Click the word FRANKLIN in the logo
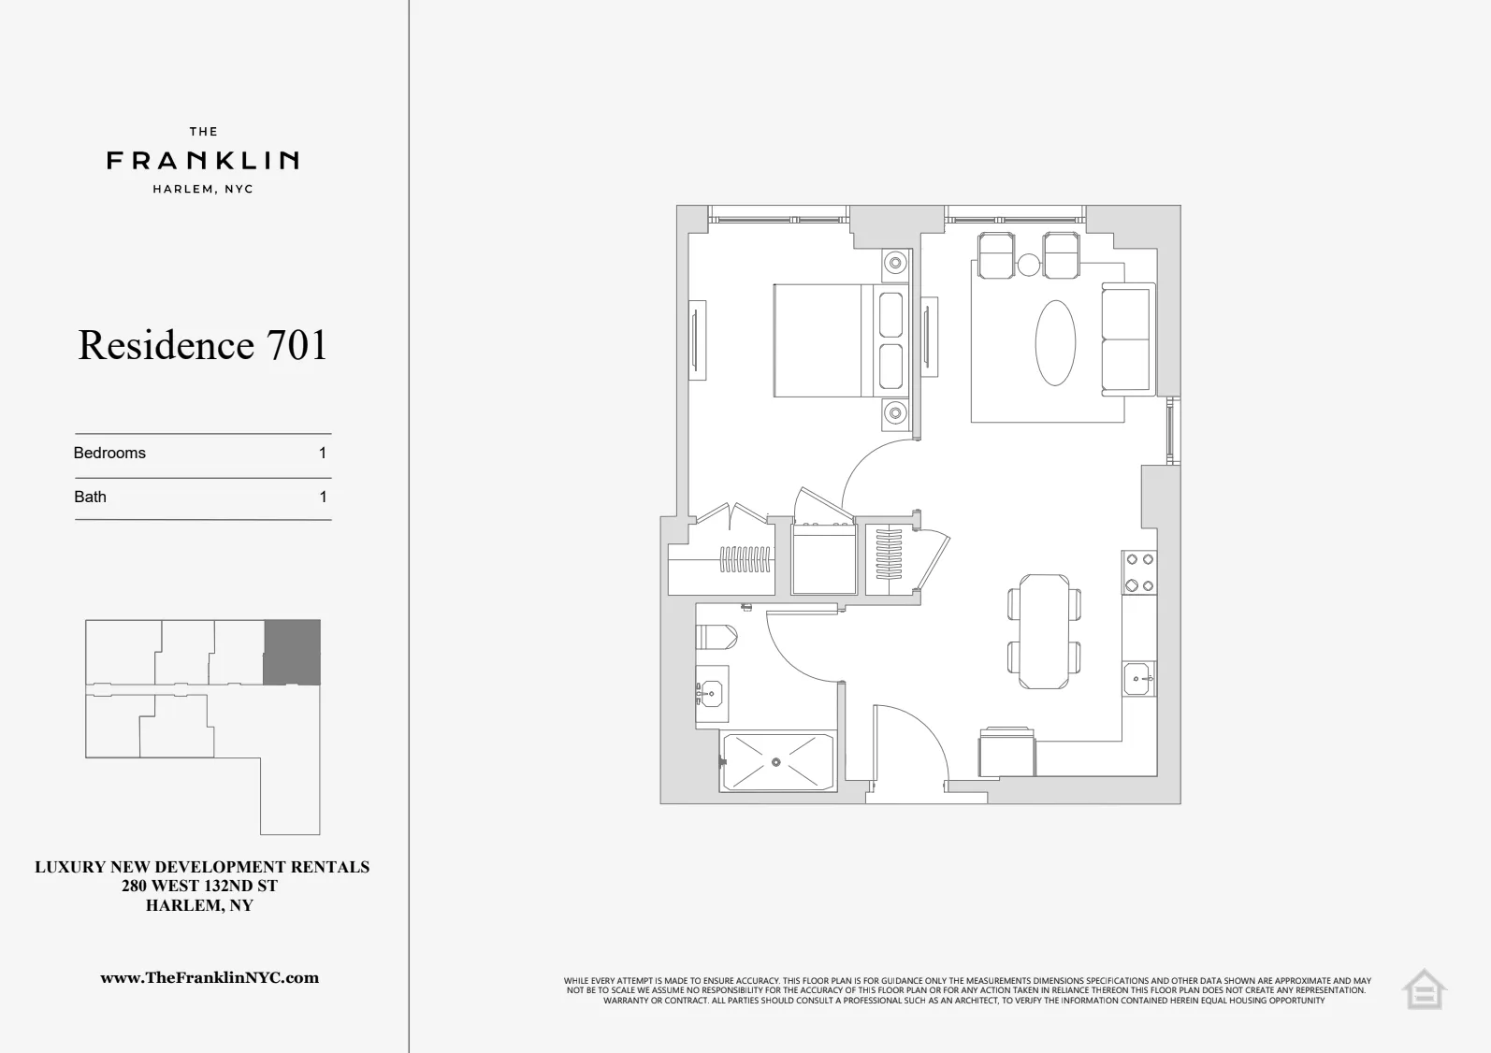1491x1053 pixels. (x=203, y=161)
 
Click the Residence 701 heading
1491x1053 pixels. (x=203, y=345)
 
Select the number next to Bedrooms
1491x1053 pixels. (x=323, y=453)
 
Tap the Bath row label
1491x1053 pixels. (x=91, y=497)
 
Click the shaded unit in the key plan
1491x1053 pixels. (x=292, y=652)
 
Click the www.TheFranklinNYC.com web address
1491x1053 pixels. (x=210, y=978)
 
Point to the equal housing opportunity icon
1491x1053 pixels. (x=1424, y=989)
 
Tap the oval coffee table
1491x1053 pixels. (x=1055, y=342)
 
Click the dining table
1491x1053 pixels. (x=1045, y=631)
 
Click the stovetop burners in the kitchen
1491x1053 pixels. (x=1139, y=572)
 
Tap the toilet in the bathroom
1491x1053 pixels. (x=717, y=638)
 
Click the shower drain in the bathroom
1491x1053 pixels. (x=776, y=762)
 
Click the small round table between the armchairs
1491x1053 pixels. (x=1028, y=265)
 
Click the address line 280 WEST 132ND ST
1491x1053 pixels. (x=200, y=886)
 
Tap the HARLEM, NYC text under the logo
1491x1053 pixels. (x=203, y=189)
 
